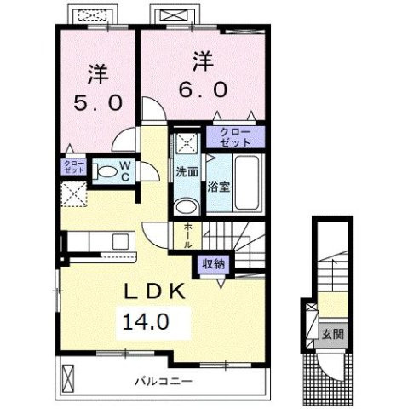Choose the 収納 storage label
pos(214,263)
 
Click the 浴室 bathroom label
pos(219,187)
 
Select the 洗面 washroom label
pos(187,171)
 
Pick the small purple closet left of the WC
pos(72,166)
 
